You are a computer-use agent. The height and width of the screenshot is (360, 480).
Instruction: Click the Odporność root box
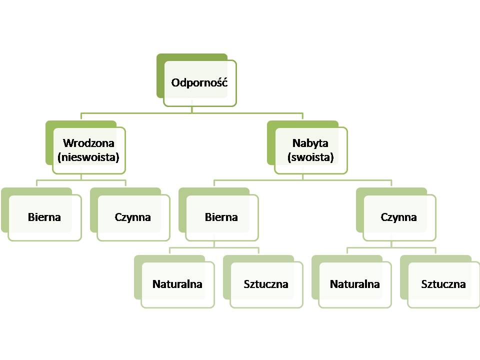pos(199,83)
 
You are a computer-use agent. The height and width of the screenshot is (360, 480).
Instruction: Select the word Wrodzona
pos(88,143)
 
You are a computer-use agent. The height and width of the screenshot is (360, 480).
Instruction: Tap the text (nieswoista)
pos(88,157)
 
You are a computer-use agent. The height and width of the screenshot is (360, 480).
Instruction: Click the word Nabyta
pos(310,143)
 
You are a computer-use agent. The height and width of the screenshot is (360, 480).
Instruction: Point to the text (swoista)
pos(310,157)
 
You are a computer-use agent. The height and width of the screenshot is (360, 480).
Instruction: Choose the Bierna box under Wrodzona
pos(44,217)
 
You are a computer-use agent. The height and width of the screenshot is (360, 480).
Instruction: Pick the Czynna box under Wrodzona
pos(133,217)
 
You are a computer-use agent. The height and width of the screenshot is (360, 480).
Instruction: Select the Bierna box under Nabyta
pos(221,217)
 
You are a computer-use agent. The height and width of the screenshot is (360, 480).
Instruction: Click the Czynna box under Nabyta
pos(399,217)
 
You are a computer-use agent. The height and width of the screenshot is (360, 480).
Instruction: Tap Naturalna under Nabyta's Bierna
pos(177,284)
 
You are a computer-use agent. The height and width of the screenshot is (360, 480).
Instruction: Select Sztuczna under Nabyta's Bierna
pos(266,284)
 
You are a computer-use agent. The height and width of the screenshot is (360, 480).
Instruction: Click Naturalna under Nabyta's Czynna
pos(355,284)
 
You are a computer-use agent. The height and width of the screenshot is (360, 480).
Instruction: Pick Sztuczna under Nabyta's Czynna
pos(443,284)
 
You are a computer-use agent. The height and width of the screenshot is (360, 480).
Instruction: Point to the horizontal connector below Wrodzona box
pos(60,180)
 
